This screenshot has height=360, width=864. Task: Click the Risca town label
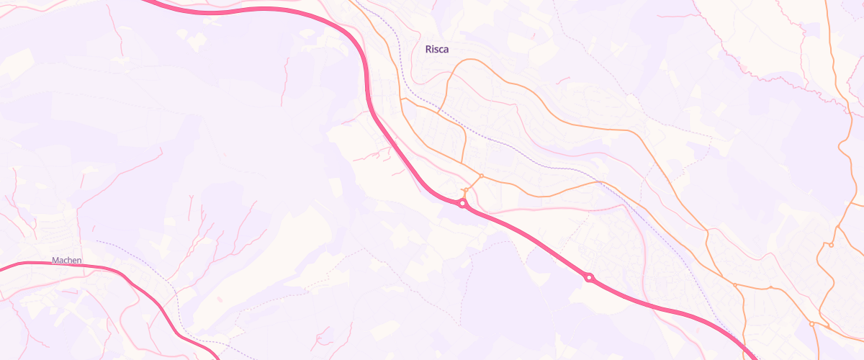(437, 50)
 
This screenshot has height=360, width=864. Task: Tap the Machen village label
(67, 261)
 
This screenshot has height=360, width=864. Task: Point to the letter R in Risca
(428, 50)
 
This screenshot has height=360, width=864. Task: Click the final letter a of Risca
(446, 50)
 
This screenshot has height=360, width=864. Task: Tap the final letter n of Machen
(79, 261)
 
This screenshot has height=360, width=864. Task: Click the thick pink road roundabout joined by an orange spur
(462, 204)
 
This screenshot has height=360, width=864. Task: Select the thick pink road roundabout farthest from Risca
(589, 278)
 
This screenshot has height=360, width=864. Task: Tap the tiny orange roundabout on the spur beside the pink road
(466, 190)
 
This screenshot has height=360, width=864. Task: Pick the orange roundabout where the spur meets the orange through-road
(481, 176)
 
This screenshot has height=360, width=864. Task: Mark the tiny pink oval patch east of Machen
(219, 299)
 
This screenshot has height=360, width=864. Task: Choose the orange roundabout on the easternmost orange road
(830, 245)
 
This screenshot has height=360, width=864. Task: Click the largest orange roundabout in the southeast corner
(811, 324)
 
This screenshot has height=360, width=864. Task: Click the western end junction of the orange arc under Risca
(438, 112)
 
